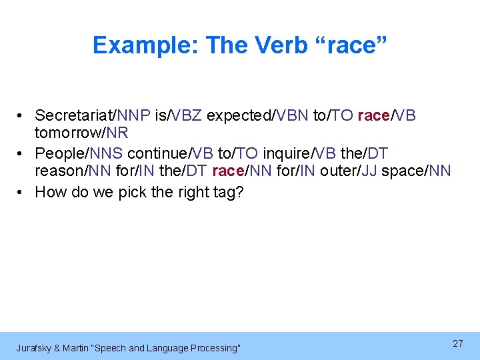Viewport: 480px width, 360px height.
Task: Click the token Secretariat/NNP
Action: (x=92, y=115)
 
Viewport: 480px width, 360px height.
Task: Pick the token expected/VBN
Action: (x=257, y=115)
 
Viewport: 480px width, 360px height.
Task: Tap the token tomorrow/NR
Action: (x=81, y=133)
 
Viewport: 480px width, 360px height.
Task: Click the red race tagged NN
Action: (x=241, y=171)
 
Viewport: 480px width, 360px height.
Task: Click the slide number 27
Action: (x=458, y=343)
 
